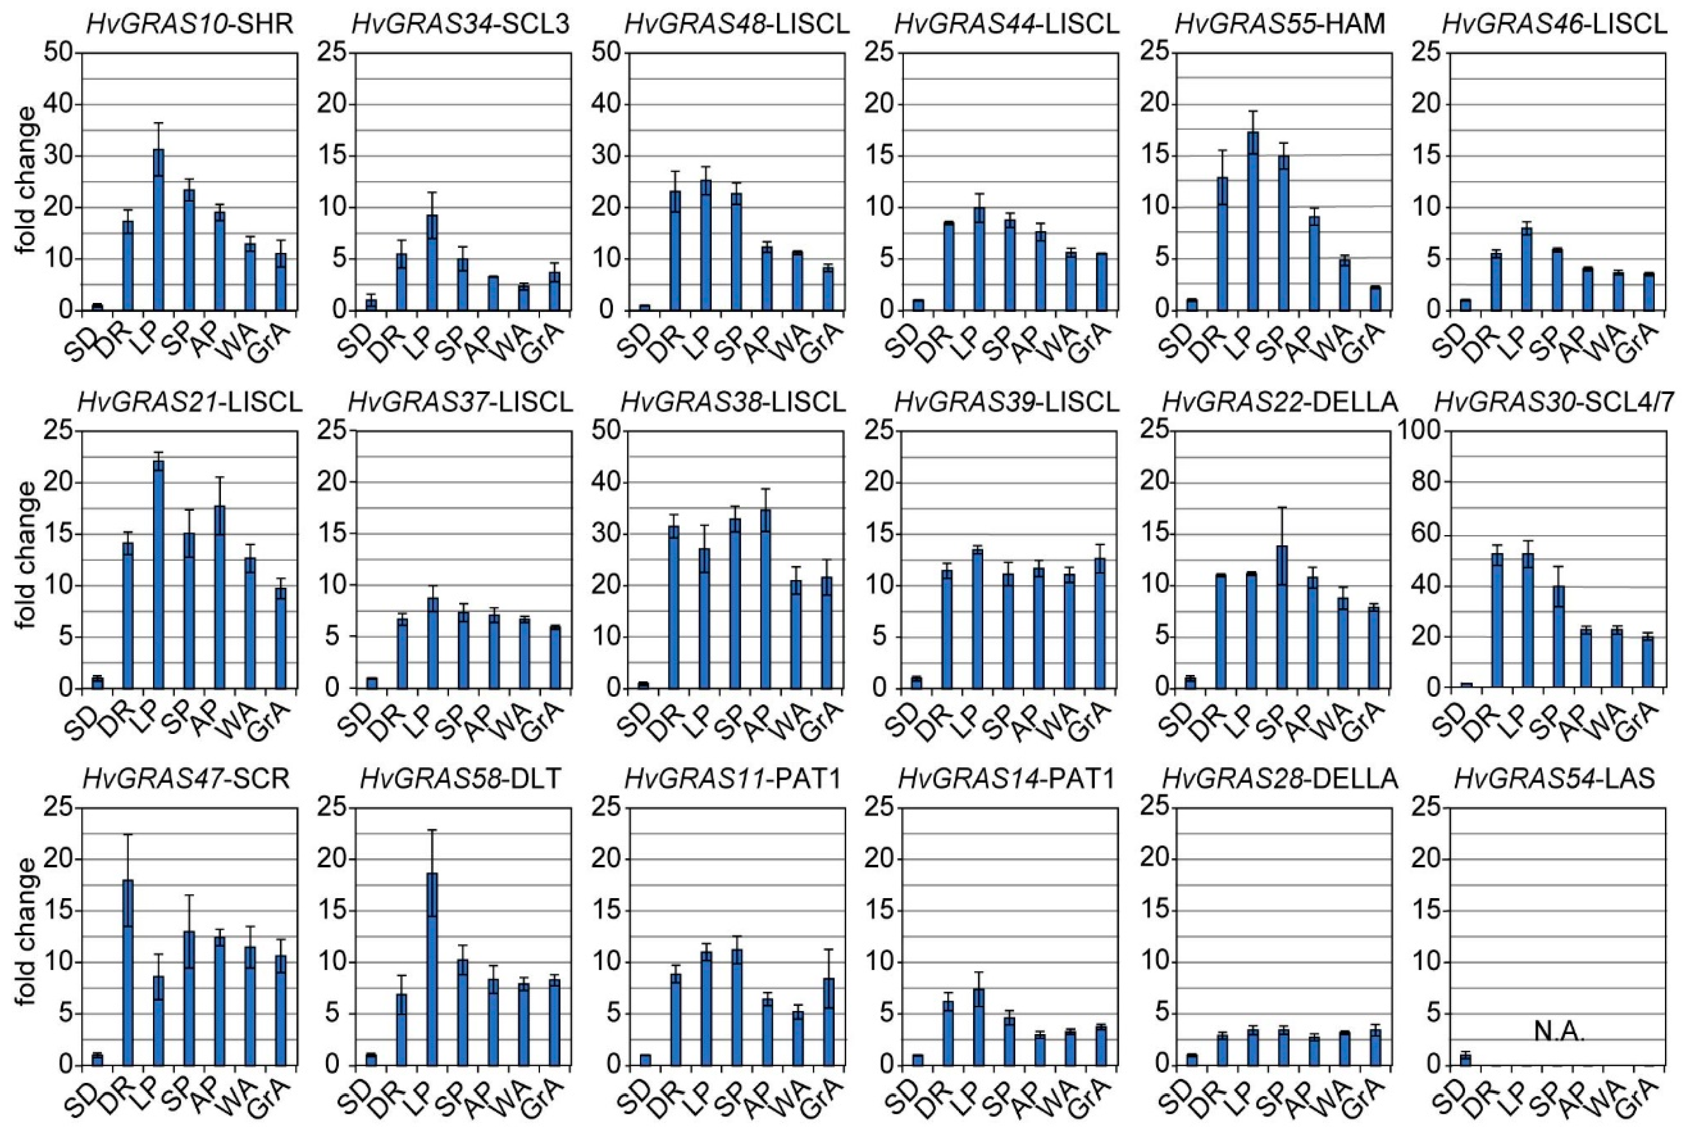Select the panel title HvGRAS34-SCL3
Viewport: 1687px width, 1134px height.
461,24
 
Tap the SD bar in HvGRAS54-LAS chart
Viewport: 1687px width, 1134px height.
1466,1059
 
